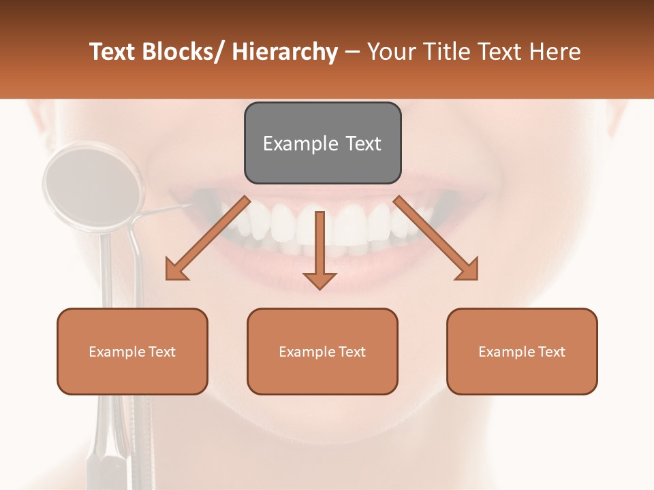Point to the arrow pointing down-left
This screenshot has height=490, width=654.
point(207,238)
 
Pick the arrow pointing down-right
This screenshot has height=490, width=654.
point(436,238)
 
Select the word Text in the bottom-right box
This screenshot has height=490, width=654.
point(550,352)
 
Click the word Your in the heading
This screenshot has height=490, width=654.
point(392,52)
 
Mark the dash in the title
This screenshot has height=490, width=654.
point(352,52)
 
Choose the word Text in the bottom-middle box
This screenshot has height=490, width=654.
point(351,352)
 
